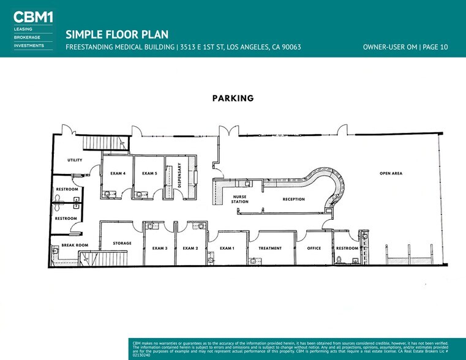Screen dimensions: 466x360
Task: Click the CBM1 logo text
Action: pyautogui.click(x=33, y=17)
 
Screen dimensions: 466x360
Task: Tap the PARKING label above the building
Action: pyautogui.click(x=233, y=99)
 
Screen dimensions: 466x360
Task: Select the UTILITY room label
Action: pyautogui.click(x=75, y=160)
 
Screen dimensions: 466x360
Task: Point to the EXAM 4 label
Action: pyautogui.click(x=118, y=173)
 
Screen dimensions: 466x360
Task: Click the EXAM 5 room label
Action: pyautogui.click(x=149, y=173)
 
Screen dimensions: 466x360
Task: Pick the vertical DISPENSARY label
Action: pyautogui.click(x=179, y=175)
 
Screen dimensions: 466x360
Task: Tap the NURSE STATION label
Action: pyautogui.click(x=240, y=199)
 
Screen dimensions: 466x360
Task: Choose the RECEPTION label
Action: pyautogui.click(x=294, y=200)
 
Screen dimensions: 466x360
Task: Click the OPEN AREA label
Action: pyautogui.click(x=391, y=173)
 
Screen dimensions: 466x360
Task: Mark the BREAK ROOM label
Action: pyautogui.click(x=75, y=245)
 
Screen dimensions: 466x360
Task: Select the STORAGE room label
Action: pyautogui.click(x=122, y=243)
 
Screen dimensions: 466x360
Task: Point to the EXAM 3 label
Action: pyautogui.click(x=160, y=248)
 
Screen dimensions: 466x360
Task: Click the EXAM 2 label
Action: pyautogui.click(x=190, y=248)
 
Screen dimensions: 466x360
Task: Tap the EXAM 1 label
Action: pyautogui.click(x=227, y=248)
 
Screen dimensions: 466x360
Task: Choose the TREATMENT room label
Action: pyautogui.click(x=270, y=248)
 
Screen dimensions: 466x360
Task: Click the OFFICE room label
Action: pyautogui.click(x=314, y=248)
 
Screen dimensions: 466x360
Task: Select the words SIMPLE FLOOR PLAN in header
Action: pyautogui.click(x=117, y=34)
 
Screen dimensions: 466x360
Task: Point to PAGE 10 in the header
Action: pyautogui.click(x=435, y=47)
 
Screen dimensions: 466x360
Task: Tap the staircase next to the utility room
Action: pyautogui.click(x=105, y=143)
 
